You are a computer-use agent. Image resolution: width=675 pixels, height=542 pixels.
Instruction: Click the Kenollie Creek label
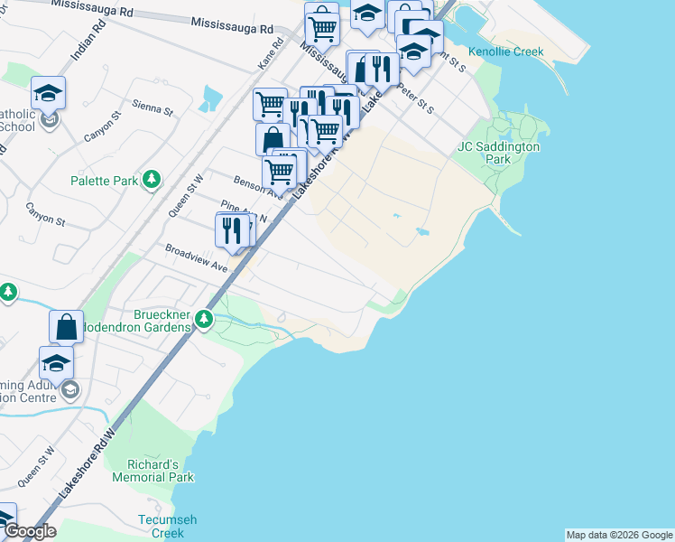click(505, 51)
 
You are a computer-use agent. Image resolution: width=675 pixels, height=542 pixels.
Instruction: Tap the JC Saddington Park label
click(498, 153)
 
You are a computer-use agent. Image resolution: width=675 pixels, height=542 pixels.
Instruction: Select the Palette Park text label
click(105, 181)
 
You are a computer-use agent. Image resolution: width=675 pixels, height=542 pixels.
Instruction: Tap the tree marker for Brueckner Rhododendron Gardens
click(205, 318)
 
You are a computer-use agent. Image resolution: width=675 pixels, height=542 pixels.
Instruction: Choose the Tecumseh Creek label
click(167, 526)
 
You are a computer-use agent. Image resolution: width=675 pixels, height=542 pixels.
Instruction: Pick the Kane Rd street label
click(265, 60)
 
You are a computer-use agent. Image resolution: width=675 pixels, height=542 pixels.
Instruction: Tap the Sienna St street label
click(152, 108)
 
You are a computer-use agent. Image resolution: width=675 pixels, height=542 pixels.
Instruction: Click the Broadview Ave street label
click(196, 257)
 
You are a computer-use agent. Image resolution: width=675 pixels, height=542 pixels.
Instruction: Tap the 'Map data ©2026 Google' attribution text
click(619, 535)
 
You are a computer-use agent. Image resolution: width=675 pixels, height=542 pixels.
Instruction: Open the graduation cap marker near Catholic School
click(49, 92)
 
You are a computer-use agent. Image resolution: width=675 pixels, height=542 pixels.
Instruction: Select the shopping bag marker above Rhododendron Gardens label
click(67, 326)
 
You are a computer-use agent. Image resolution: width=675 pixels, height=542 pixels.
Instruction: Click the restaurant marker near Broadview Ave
click(232, 230)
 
